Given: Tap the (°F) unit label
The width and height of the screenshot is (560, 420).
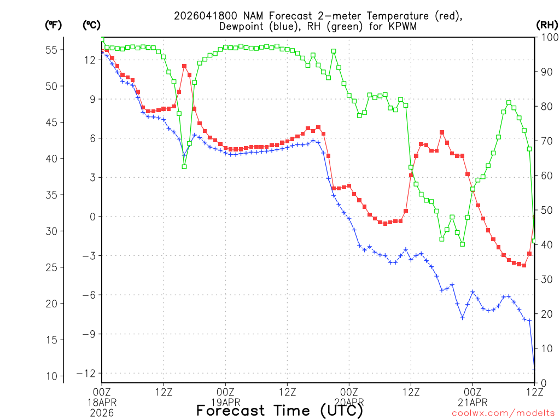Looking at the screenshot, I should coord(54,25).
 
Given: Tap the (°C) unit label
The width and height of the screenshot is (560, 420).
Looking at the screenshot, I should coord(92,25).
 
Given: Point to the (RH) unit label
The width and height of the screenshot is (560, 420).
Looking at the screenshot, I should coord(546,25).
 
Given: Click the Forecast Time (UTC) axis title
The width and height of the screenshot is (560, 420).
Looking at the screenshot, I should coord(279,411).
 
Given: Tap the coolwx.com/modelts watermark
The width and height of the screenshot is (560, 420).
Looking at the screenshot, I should coord(503,413).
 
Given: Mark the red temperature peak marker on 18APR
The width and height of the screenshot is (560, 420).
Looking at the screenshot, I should coord(184,66).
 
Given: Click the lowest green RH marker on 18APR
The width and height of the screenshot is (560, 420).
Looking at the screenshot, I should coord(184,167).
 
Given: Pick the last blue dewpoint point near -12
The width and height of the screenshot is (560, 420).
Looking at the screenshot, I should coord(534,370).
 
